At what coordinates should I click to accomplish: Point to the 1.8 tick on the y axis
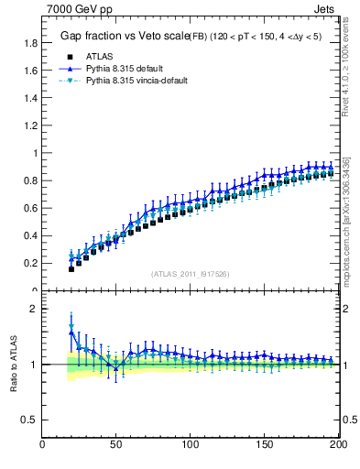[x=30, y=43]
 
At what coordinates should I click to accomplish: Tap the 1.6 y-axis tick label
[x=30, y=71]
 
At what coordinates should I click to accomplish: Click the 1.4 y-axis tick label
[x=30, y=98]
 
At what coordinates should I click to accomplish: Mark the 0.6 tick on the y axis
[x=30, y=208]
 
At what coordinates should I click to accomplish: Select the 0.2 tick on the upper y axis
[x=30, y=263]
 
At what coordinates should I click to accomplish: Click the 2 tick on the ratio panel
[x=34, y=309]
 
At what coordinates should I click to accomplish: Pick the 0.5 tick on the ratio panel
[x=30, y=420]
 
